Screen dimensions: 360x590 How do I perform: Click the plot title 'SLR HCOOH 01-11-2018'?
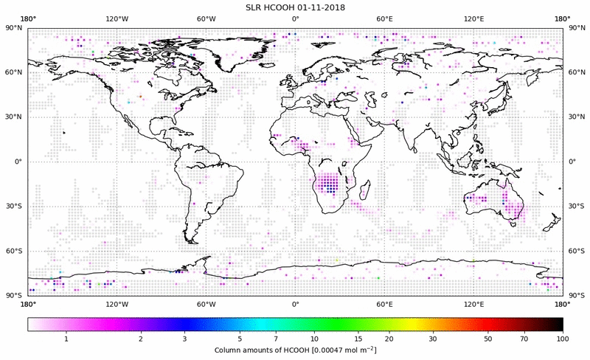pos(294,7)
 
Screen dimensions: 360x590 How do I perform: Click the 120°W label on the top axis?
pos(117,19)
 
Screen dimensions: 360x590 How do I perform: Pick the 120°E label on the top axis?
pos(473,19)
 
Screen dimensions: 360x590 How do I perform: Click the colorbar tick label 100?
pos(563,339)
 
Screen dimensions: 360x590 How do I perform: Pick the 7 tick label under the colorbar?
pos(275,339)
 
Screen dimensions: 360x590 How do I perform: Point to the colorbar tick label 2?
pos(140,339)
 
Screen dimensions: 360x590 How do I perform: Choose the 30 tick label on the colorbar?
pos(434,339)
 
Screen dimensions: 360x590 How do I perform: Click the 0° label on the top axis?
pos(295,19)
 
